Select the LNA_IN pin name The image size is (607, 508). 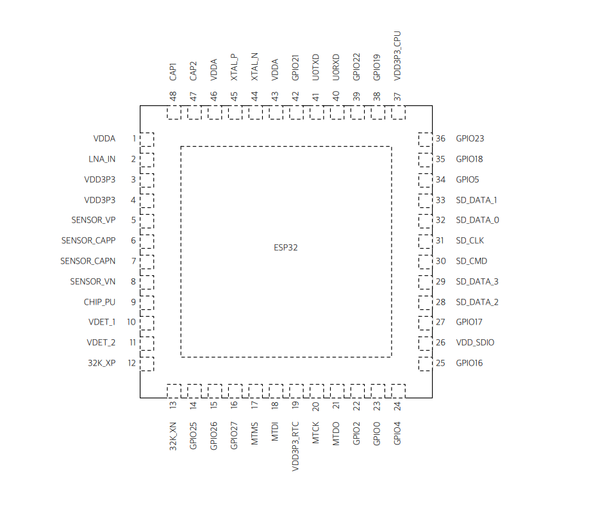coord(102,159)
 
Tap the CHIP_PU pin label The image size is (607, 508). coord(99,302)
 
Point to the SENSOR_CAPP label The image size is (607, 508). coord(88,241)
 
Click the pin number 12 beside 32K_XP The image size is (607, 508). coord(131,363)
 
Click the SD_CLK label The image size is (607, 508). coord(470,241)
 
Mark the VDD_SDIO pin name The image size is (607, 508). coord(475,343)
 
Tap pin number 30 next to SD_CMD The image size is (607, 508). coord(440,261)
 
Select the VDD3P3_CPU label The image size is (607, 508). coord(397,56)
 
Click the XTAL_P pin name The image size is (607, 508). coord(235,67)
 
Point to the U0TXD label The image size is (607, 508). coord(316,67)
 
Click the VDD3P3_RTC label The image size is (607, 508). coord(295,447)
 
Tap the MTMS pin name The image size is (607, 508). coord(255,434)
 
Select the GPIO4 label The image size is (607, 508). coord(397,433)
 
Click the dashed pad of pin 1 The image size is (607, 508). coord(147,139)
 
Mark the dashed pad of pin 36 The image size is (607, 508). coord(425,139)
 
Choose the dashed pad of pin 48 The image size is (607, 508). coord(174,113)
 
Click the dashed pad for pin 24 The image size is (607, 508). coord(398,391)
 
